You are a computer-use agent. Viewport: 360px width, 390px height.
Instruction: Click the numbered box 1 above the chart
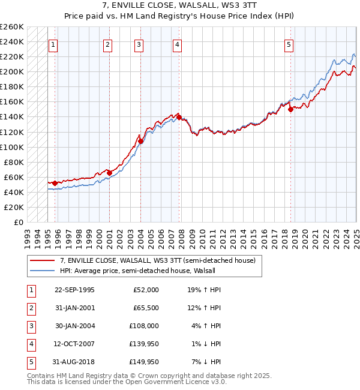(x=53, y=44)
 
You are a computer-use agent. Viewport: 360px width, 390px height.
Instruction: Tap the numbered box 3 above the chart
(x=139, y=44)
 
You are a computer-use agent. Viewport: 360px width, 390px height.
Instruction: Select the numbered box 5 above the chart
(x=289, y=44)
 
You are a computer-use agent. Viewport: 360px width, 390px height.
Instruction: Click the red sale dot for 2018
(x=290, y=109)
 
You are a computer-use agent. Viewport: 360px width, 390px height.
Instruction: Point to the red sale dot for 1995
(x=55, y=182)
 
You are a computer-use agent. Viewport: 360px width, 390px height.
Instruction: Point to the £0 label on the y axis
(x=18, y=222)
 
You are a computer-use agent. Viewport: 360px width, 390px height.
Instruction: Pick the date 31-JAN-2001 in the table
(x=74, y=308)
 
